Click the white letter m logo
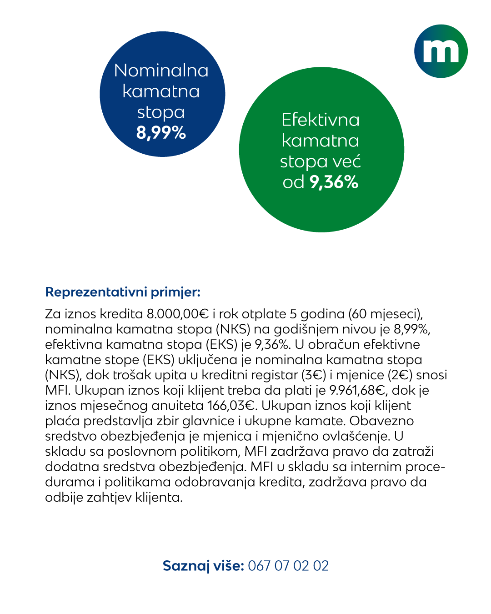[x=441, y=51]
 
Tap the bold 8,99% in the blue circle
[x=161, y=133]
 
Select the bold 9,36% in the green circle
[x=334, y=182]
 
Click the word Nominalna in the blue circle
[x=161, y=70]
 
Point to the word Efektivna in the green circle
[x=321, y=120]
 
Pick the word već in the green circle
[x=346, y=161]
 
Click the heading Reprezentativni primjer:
[x=123, y=292]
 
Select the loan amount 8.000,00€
[x=177, y=314]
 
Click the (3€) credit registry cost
[x=313, y=375]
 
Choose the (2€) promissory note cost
[x=400, y=375]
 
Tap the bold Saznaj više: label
[x=203, y=566]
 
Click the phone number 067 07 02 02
[x=288, y=566]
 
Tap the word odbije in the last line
[x=64, y=497]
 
